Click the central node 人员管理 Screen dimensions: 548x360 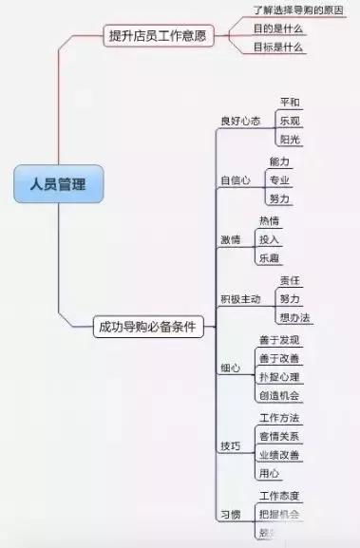(x=57, y=184)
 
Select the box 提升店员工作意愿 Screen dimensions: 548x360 (x=157, y=36)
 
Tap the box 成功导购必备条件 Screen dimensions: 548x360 (x=147, y=326)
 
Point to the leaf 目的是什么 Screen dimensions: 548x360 (x=277, y=28)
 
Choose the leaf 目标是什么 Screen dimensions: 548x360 (x=277, y=46)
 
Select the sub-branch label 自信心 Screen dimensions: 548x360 (x=236, y=180)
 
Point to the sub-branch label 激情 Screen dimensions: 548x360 (x=231, y=239)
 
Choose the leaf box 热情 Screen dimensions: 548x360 (x=270, y=221)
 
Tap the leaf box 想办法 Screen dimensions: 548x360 (x=294, y=316)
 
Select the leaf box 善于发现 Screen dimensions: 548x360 (x=279, y=340)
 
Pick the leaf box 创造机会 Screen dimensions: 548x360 (x=279, y=395)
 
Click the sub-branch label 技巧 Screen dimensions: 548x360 (x=231, y=444)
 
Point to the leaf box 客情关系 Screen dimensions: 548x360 (x=279, y=437)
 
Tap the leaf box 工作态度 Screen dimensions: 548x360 (x=279, y=496)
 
